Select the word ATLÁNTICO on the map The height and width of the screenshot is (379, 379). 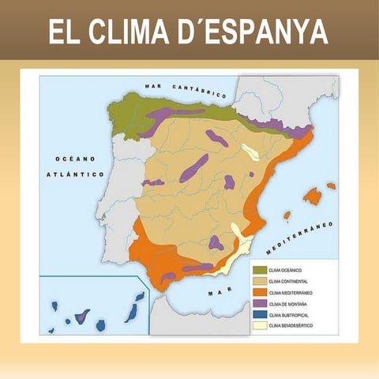pos(76,174)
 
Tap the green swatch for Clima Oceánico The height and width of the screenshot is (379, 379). pos(259,269)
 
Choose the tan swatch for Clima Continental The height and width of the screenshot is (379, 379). pos(259,280)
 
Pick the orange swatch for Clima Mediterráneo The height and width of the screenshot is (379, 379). pos(259,291)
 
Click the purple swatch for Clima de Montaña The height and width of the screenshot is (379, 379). pos(259,302)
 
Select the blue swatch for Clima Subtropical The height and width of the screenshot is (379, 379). pos(259,313)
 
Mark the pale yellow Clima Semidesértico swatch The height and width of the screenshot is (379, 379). pos(259,325)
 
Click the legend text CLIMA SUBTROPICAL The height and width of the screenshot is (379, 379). pos(290,313)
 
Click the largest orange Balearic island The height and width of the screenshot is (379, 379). pos(313,195)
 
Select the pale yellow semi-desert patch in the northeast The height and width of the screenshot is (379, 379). pos(251,152)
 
